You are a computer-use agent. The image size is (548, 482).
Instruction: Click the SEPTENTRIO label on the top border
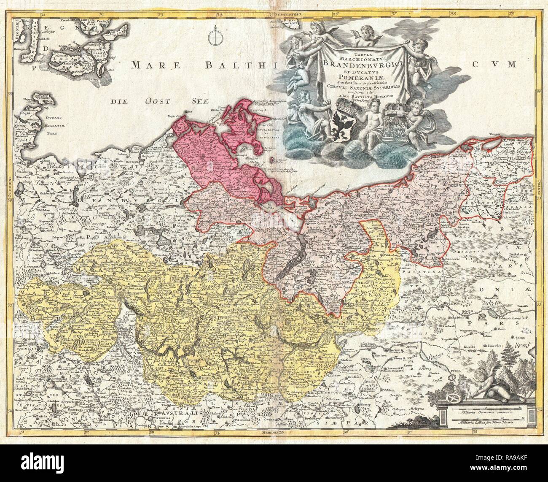286,3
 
